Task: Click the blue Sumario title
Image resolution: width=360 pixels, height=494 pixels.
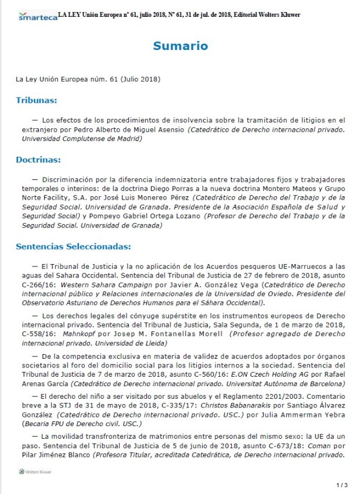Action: coord(181,46)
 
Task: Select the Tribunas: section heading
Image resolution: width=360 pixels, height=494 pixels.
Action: coord(36,100)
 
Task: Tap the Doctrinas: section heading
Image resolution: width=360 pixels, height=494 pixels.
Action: coord(38,159)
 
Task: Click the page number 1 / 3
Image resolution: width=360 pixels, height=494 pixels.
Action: coord(342,484)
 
